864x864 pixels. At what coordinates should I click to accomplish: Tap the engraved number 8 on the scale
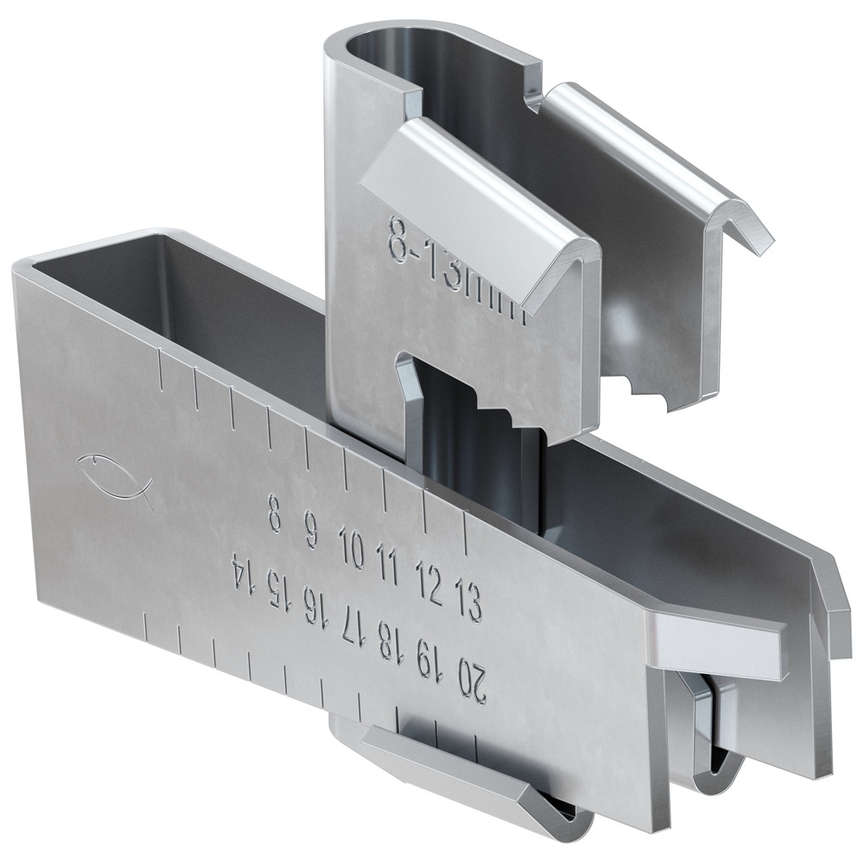click(x=275, y=512)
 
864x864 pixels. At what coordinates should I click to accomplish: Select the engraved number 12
click(x=428, y=583)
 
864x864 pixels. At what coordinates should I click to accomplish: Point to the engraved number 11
click(x=388, y=566)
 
